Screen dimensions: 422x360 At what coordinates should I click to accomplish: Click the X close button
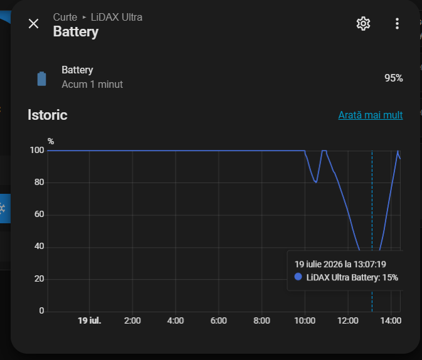coord(34,24)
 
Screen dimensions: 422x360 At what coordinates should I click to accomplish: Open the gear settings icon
coord(363,24)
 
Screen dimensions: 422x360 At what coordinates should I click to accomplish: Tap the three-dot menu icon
coord(397,24)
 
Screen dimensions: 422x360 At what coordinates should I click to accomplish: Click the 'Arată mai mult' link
coord(371,115)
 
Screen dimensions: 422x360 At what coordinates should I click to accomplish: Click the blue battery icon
coord(42,79)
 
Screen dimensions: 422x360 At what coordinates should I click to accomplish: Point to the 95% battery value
coord(394,78)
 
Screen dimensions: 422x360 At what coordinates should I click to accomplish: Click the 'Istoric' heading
coord(48,115)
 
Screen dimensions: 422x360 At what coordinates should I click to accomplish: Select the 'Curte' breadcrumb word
coord(65,17)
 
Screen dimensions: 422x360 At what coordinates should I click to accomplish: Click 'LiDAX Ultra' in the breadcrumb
coord(117,17)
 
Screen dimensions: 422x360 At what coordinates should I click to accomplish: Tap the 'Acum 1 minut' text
coord(92,85)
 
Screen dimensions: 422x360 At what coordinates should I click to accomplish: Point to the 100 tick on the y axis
coord(37,151)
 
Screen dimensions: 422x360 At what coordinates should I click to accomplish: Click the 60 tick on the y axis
coord(39,214)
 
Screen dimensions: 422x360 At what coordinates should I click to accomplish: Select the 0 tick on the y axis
coord(41,310)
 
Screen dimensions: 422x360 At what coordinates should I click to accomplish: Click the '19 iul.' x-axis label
coord(89,320)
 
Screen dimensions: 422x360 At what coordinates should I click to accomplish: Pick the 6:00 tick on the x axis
coord(219,320)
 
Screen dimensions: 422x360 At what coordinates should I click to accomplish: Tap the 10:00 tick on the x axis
coord(305,320)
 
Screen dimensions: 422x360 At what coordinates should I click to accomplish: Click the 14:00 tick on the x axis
coord(391,320)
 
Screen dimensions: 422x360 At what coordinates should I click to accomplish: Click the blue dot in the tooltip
coord(298,277)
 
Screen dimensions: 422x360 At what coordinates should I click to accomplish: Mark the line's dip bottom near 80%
coord(316,183)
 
